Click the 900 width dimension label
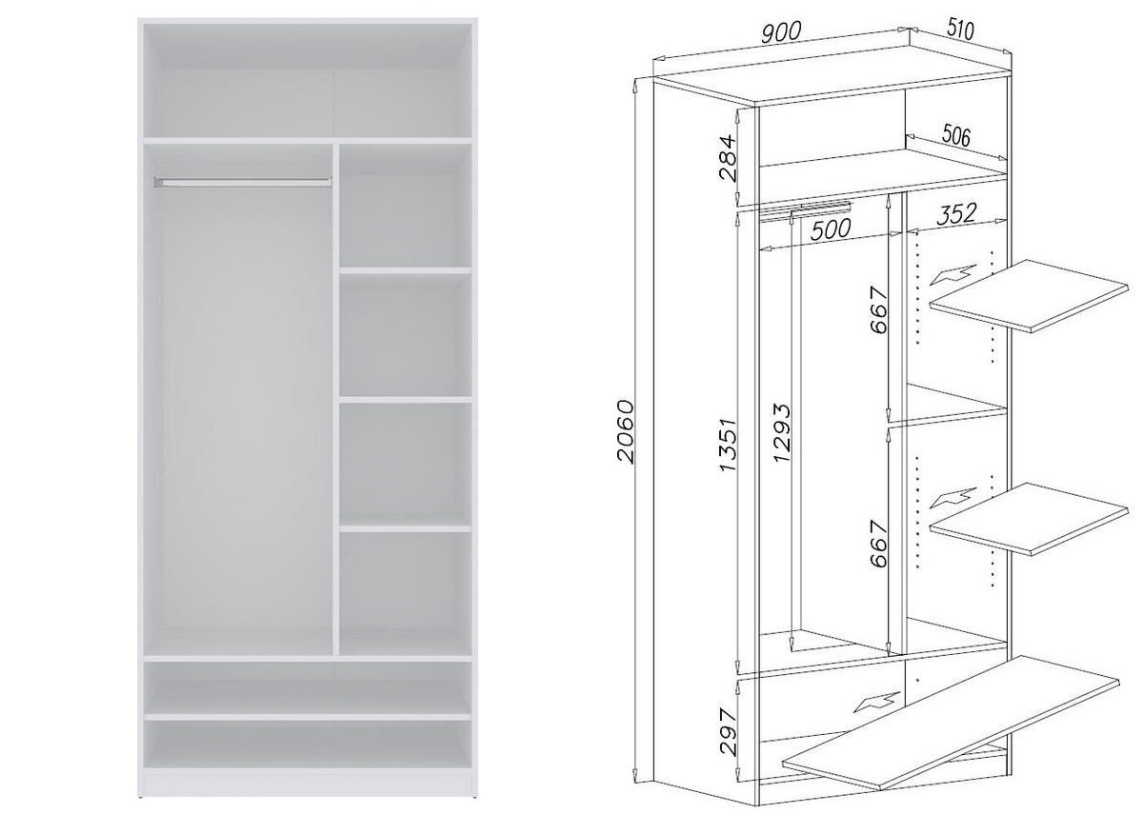pos(781,30)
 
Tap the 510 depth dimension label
pos(960,29)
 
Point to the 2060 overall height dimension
pos(625,431)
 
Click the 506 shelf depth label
pos(955,136)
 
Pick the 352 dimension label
pos(956,215)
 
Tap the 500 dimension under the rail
pos(831,229)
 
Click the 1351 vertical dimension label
pos(729,445)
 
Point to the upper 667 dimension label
pos(878,310)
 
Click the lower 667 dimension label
pos(878,543)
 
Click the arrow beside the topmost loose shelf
pos(952,275)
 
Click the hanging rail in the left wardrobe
pos(243,180)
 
